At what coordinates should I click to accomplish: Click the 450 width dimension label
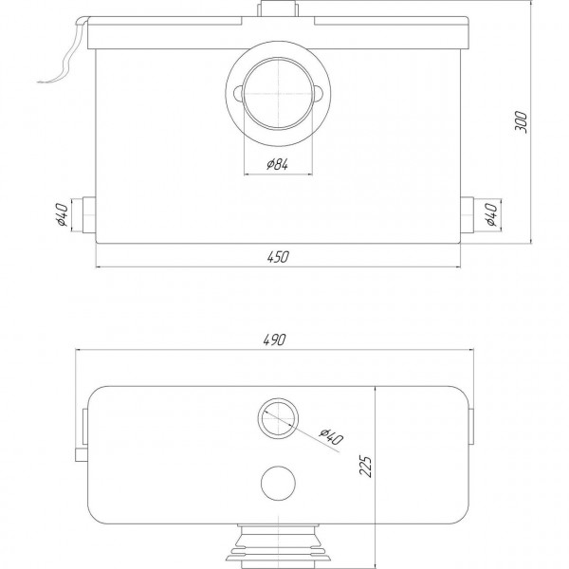pyautogui.click(x=277, y=256)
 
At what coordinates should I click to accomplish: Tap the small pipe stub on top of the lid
pyautogui.click(x=277, y=9)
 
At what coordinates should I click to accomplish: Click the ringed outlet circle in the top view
pyautogui.click(x=276, y=416)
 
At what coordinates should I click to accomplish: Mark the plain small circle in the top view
pyautogui.click(x=276, y=481)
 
